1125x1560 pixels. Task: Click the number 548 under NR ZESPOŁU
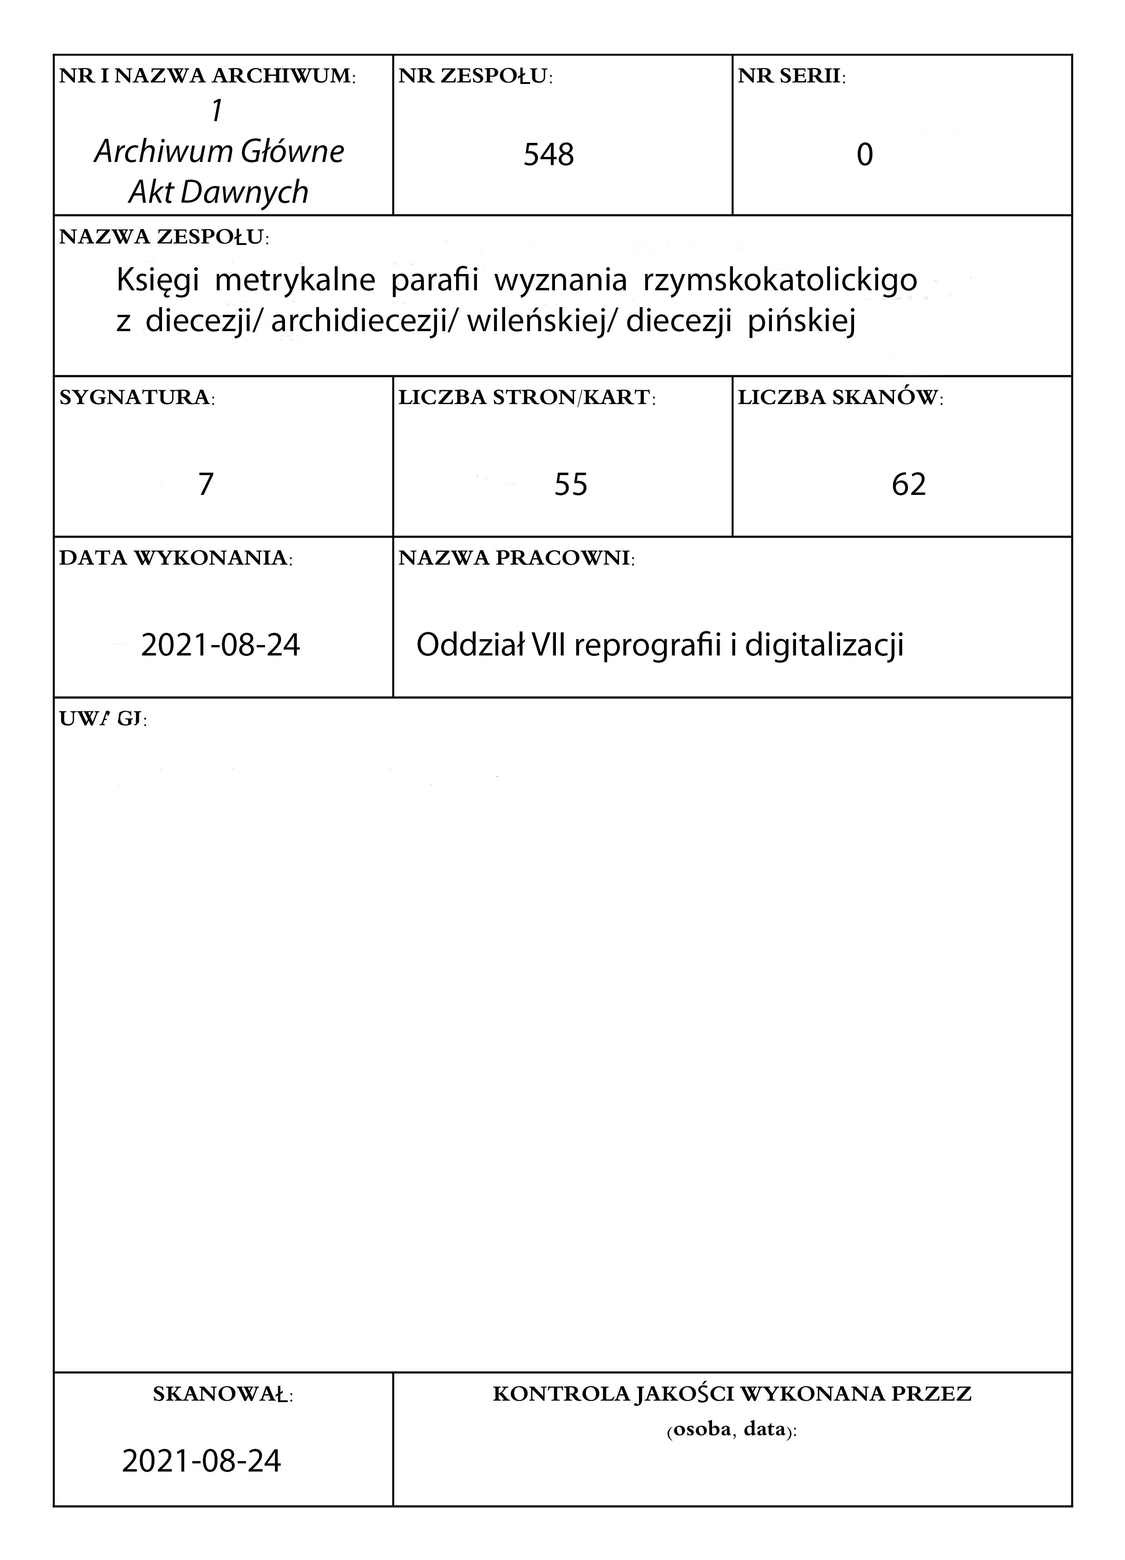548,155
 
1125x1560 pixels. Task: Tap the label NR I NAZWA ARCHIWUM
207,76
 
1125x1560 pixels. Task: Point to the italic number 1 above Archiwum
217,112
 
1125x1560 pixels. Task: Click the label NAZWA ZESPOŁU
164,237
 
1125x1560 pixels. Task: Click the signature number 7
205,484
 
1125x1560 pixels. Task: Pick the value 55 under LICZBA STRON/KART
570,484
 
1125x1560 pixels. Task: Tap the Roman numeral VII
544,645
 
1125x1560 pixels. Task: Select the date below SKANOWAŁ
201,1461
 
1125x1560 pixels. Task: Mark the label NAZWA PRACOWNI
516,558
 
